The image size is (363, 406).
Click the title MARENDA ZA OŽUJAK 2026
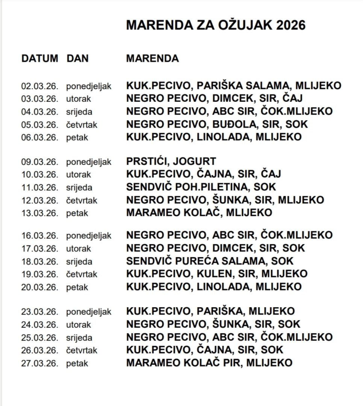pyautogui.click(x=216, y=25)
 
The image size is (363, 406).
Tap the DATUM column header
pyautogui.click(x=40, y=59)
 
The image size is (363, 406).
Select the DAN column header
pyautogui.click(x=77, y=59)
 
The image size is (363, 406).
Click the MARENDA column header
pyautogui.click(x=153, y=59)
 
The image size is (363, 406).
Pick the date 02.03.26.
pyautogui.click(x=40, y=86)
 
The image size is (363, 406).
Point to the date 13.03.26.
pyautogui.click(x=40, y=213)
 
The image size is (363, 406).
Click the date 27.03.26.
pyautogui.click(x=40, y=363)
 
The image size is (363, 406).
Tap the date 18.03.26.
pyautogui.click(x=40, y=261)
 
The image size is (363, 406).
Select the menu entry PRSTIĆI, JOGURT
pyautogui.click(x=171, y=162)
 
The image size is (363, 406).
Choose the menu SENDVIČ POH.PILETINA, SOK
pyautogui.click(x=201, y=187)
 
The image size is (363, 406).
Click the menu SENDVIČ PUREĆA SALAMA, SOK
pyautogui.click(x=210, y=261)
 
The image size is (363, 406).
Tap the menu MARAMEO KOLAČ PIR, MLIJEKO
pyautogui.click(x=209, y=363)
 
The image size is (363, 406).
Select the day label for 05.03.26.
pyautogui.click(x=82, y=125)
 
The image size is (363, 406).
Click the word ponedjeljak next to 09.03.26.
pyautogui.click(x=89, y=162)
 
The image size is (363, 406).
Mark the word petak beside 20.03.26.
pyautogui.click(x=77, y=288)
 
